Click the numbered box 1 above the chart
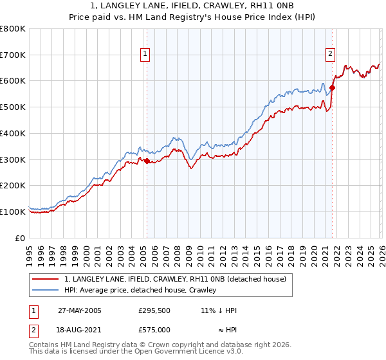pyautogui.click(x=146, y=55)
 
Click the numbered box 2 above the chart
pyautogui.click(x=330, y=55)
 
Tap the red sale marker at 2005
pyautogui.click(x=147, y=161)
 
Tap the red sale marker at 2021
pyautogui.click(x=333, y=87)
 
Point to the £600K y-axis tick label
pyautogui.click(x=13, y=81)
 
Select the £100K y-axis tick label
pyautogui.click(x=13, y=212)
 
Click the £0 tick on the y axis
pyautogui.click(x=21, y=238)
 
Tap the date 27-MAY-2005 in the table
pyautogui.click(x=80, y=310)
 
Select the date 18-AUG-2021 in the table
pyautogui.click(x=80, y=329)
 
